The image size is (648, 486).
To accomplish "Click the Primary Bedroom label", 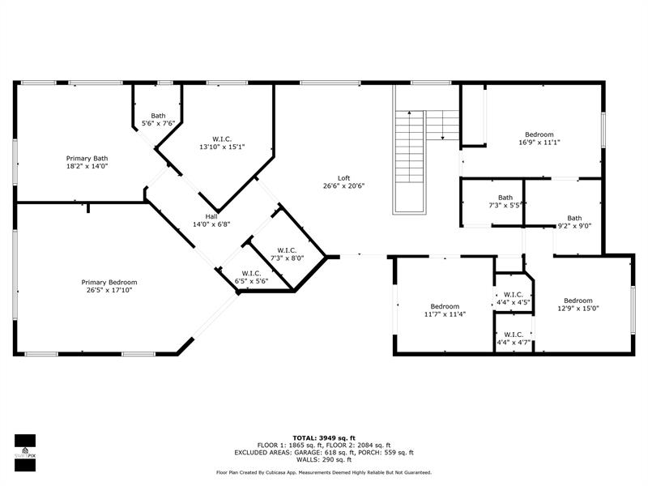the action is click(109, 286).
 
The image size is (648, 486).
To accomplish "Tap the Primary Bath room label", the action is click(87, 162).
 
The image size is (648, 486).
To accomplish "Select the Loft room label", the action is click(343, 181).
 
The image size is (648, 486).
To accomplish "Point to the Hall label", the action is click(211, 220).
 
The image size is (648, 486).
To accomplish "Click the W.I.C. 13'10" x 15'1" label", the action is click(222, 143).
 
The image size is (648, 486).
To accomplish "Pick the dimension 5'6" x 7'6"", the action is click(158, 123).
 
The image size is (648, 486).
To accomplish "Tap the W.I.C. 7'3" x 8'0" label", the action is click(287, 254).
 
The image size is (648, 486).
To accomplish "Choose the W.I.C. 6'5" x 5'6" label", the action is click(251, 277).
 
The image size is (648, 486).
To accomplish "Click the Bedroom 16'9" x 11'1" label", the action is click(539, 139).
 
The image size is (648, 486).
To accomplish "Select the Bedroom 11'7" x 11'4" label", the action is click(445, 310).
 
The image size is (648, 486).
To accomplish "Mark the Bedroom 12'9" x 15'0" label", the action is click(578, 305).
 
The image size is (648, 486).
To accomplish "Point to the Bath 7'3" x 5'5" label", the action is click(505, 201).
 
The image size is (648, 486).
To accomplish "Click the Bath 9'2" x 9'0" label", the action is click(574, 222).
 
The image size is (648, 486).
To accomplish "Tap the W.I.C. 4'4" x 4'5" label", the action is click(514, 298).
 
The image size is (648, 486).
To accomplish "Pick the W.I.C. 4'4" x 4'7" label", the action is click(514, 339).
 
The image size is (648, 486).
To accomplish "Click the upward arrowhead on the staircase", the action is click(409, 112).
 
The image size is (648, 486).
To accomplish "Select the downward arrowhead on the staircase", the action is click(442, 138).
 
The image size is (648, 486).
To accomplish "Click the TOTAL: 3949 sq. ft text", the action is click(324, 438).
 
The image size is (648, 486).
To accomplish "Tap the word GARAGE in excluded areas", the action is click(308, 453).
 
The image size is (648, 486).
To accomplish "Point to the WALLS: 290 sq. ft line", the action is click(324, 459).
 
